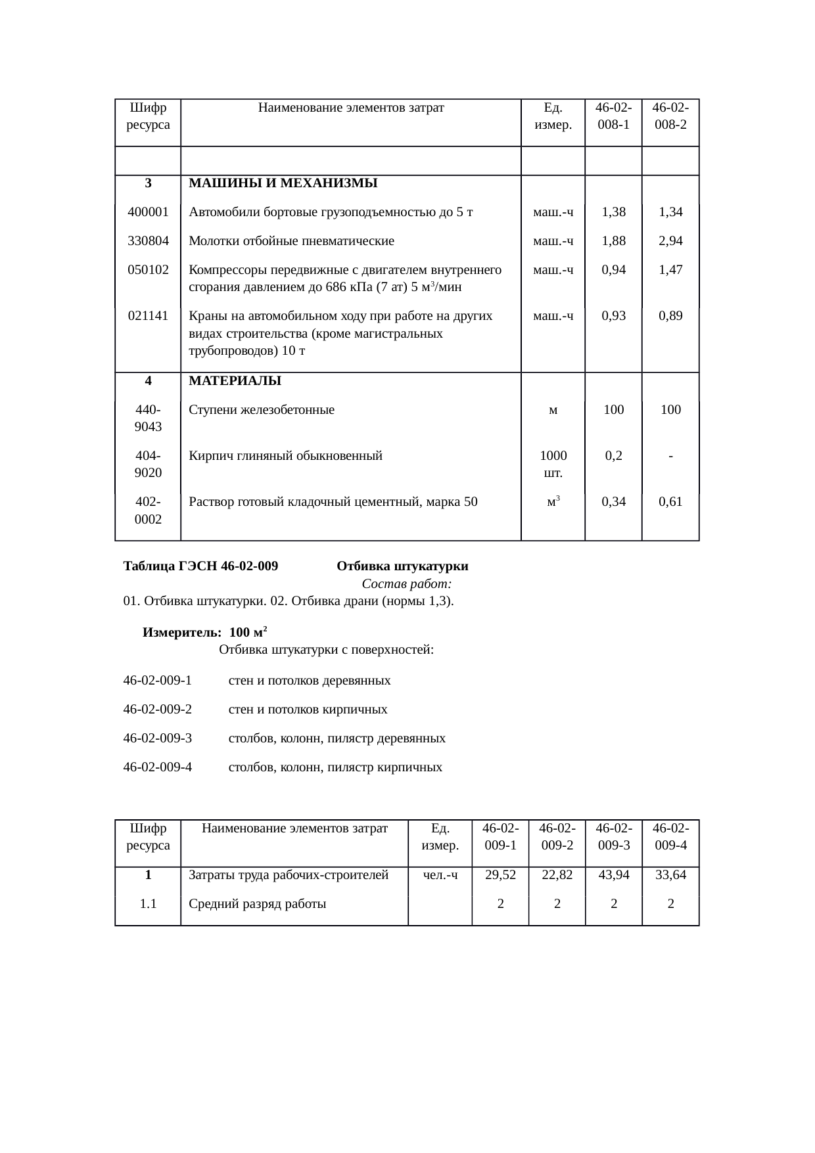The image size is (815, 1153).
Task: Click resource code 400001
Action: tap(148, 212)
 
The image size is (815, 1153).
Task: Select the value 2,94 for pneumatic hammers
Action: tap(670, 241)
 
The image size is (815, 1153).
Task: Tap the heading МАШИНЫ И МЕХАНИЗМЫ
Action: tap(283, 183)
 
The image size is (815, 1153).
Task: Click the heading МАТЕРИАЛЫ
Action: tap(235, 381)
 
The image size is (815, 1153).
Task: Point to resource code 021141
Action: tap(148, 316)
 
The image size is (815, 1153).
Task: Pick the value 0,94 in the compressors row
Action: tap(614, 270)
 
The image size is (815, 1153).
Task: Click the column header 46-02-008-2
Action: tap(670, 115)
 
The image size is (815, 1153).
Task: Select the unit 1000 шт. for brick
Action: tap(553, 464)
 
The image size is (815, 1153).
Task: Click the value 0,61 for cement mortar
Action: tap(670, 502)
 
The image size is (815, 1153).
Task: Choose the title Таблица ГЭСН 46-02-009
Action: tap(200, 566)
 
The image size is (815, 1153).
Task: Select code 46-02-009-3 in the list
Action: tap(158, 738)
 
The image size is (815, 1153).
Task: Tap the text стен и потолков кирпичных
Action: tap(308, 710)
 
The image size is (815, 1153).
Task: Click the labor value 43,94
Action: tap(614, 875)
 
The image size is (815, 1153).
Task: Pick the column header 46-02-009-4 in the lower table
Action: tap(670, 836)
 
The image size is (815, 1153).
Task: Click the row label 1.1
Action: tap(148, 904)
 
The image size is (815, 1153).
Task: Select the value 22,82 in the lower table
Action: tap(557, 875)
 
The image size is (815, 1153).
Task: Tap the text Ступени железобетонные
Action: tap(262, 411)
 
